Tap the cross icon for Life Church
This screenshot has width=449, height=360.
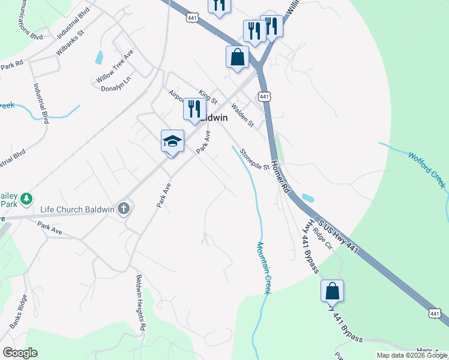pyautogui.click(x=124, y=209)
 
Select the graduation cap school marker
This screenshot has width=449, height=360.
pyautogui.click(x=172, y=142)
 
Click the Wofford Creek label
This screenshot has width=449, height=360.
pyautogui.click(x=428, y=169)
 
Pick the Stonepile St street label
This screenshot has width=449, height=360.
pyautogui.click(x=254, y=159)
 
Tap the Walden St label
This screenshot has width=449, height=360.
pyautogui.click(x=243, y=115)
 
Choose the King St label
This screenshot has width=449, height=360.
pyautogui.click(x=208, y=96)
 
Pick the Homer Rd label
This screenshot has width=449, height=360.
pyautogui.click(x=280, y=176)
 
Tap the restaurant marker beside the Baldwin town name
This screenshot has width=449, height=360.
pyautogui.click(x=194, y=109)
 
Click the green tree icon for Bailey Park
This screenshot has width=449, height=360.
pyautogui.click(x=26, y=198)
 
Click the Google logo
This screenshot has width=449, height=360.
pyautogui.click(x=20, y=353)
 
